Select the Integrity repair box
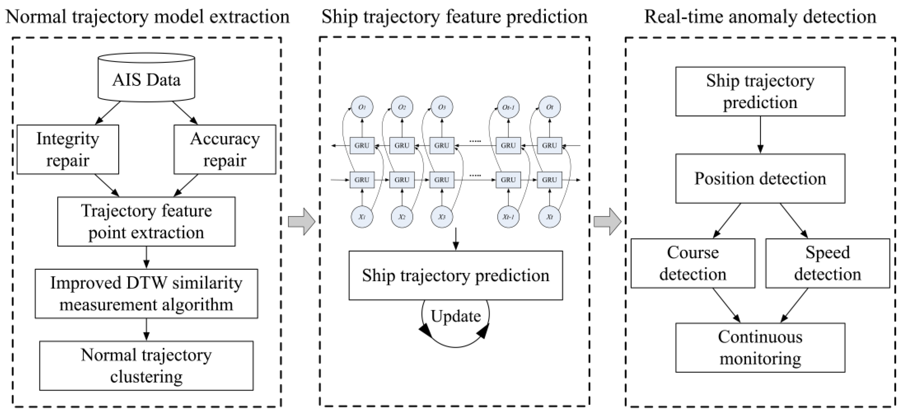[68, 149]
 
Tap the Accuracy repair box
[225, 149]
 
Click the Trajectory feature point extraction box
[146, 221]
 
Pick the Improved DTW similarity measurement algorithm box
[146, 293]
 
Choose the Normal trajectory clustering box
[146, 366]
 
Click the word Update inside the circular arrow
[455, 316]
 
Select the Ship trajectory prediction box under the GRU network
[455, 275]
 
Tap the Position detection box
[760, 179]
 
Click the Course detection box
[693, 263]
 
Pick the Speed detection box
[827, 263]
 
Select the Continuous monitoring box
[760, 348]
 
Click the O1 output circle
[362, 107]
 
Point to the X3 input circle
[442, 217]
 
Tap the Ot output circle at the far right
[549, 107]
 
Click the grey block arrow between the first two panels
[301, 221]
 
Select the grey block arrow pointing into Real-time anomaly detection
[607, 221]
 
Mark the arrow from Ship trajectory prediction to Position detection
[760, 135]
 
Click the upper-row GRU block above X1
[362, 145]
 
